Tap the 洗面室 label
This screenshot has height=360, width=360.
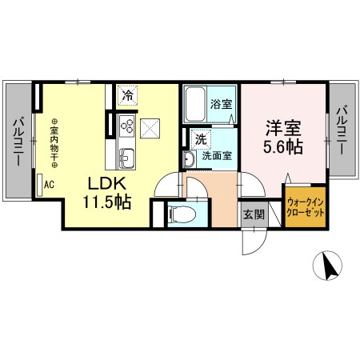pyautogui.click(x=217, y=156)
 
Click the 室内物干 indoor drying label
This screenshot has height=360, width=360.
pyautogui.click(x=54, y=144)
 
